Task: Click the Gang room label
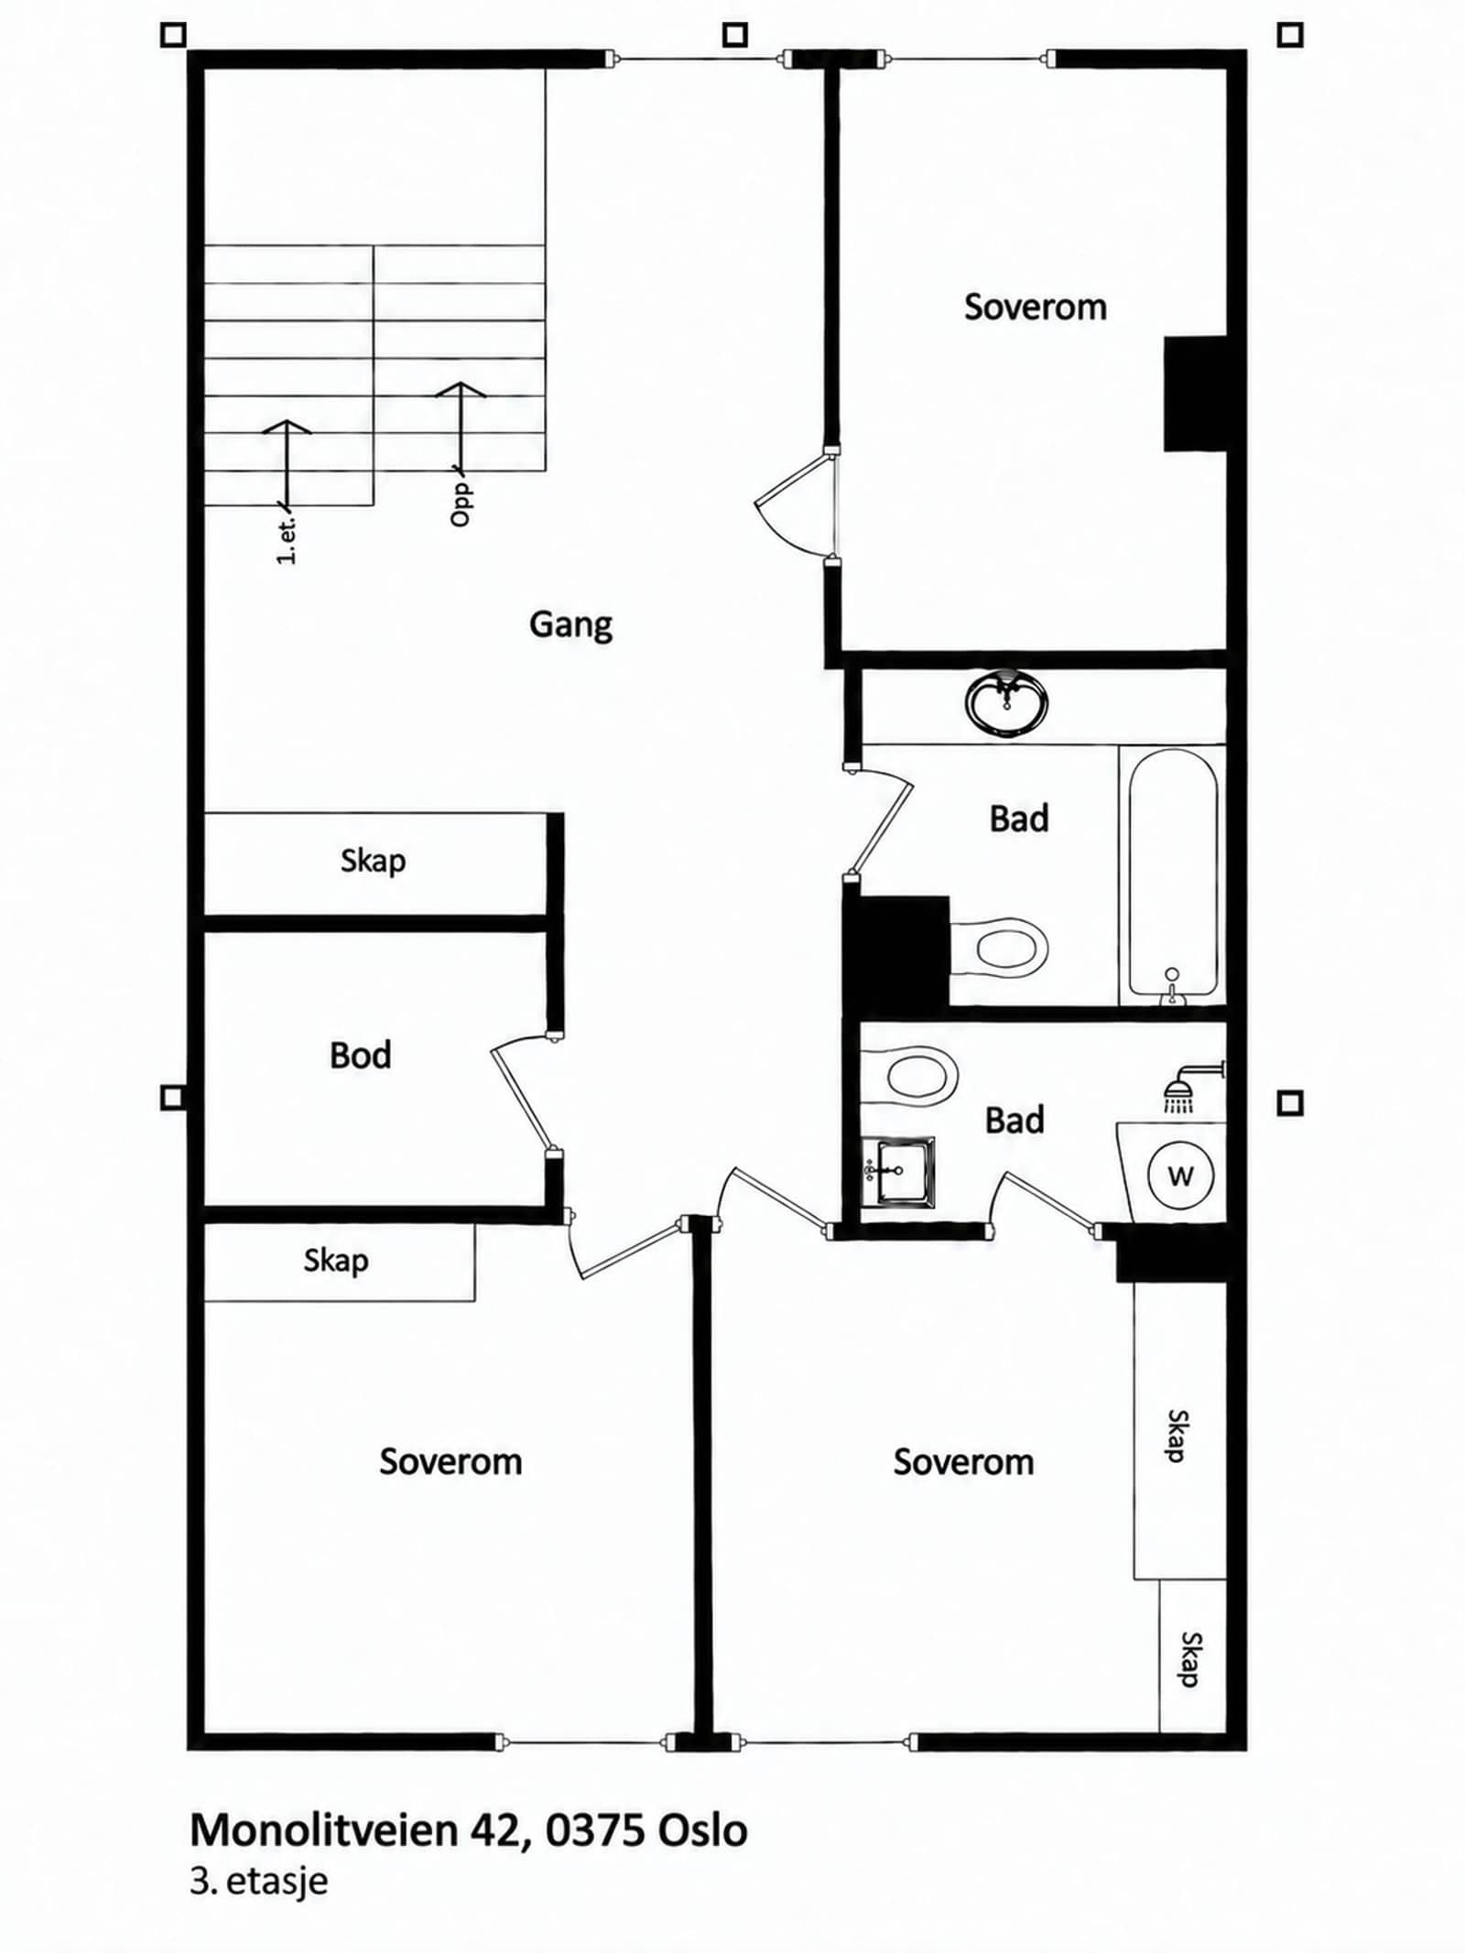click(x=570, y=625)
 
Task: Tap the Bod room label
click(x=361, y=1055)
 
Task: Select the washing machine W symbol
click(x=1180, y=1176)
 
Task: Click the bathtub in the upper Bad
click(x=1173, y=874)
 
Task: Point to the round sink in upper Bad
click(x=1006, y=703)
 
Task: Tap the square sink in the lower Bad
click(x=897, y=1172)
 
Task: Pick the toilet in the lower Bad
click(x=909, y=1074)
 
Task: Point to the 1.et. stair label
click(x=287, y=541)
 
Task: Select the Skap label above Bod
click(x=373, y=861)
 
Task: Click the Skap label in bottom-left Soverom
click(x=336, y=1261)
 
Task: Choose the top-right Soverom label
click(x=1035, y=307)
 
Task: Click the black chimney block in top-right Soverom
click(x=1195, y=394)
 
